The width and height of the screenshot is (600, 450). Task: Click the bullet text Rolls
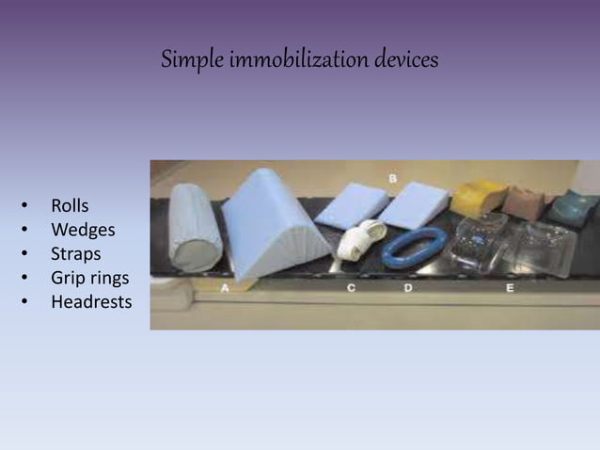click(x=70, y=205)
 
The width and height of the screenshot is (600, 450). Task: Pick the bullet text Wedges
click(x=83, y=230)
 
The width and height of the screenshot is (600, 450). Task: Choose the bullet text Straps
click(x=76, y=254)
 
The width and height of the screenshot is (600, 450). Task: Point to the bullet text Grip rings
click(x=89, y=279)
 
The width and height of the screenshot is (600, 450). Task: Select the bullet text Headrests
click(x=91, y=303)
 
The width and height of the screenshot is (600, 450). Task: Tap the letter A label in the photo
click(x=225, y=289)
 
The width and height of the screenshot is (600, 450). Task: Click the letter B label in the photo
click(x=391, y=178)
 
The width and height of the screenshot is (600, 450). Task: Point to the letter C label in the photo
click(x=351, y=289)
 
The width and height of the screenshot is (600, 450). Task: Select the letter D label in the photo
click(x=408, y=288)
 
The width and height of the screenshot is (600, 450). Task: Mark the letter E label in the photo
click(x=509, y=289)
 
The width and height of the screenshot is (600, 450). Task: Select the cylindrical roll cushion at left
click(x=195, y=229)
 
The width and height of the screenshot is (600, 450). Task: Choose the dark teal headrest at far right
click(x=571, y=208)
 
